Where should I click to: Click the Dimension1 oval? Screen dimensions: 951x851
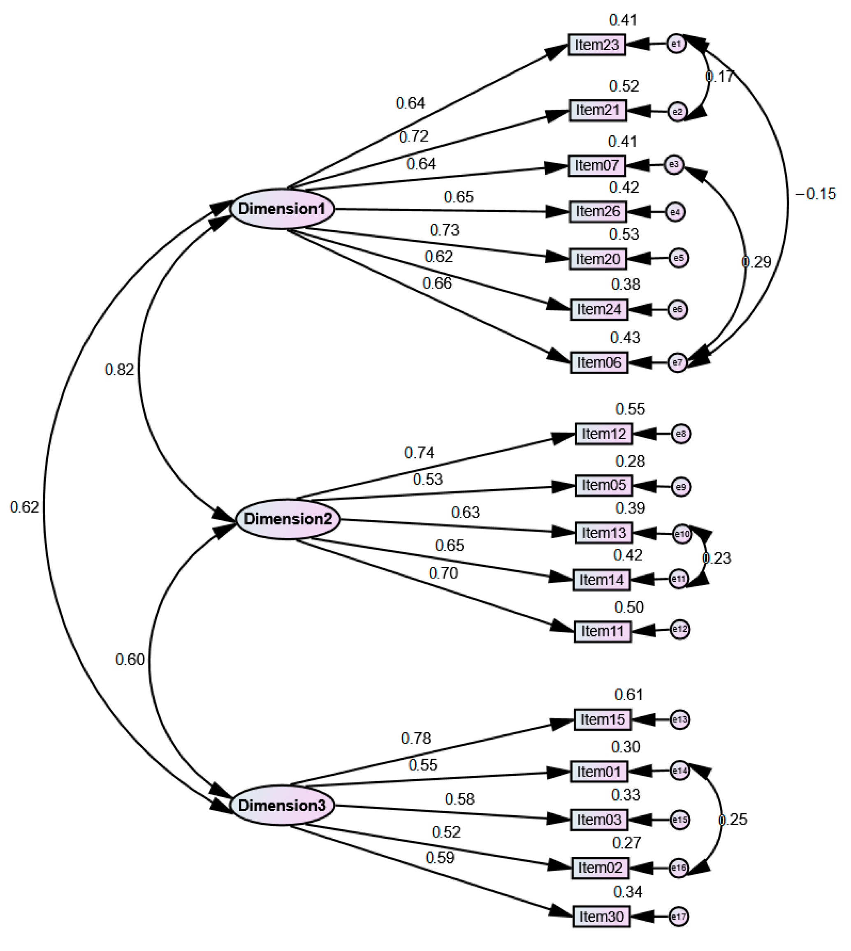282,209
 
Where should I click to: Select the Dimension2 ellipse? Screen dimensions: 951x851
288,519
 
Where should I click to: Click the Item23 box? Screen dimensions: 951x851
597,45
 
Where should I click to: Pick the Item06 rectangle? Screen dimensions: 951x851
598,363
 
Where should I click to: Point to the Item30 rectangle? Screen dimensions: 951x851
601,916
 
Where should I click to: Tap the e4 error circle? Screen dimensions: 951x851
675,212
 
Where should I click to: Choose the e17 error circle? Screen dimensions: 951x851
679,916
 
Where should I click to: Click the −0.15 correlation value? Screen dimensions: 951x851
816,194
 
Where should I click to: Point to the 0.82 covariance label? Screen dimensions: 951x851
119,370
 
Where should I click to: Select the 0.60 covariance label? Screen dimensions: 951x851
130,659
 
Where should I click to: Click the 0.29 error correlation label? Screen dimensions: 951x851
756,262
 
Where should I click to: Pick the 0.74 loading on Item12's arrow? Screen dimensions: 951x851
419,452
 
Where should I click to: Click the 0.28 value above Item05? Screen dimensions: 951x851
630,461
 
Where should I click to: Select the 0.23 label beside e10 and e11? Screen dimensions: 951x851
717,558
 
